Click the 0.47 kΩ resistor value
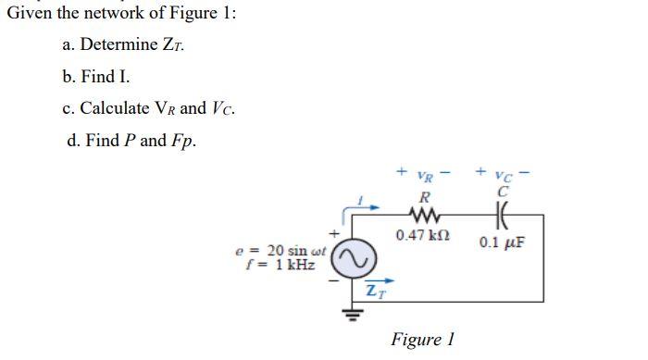coord(422,237)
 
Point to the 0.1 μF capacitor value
coord(505,242)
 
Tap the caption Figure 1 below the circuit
coord(422,339)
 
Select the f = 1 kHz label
coord(281,265)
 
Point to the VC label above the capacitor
coord(505,174)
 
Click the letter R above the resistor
coord(424,195)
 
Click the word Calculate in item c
coord(116,109)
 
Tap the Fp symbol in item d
coord(185,142)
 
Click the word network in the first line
coord(106,13)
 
